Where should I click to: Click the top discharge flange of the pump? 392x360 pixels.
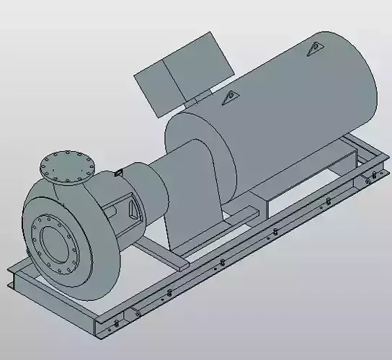67,166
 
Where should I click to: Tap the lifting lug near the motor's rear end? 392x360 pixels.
314,48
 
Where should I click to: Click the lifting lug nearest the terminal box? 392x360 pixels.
230,96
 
